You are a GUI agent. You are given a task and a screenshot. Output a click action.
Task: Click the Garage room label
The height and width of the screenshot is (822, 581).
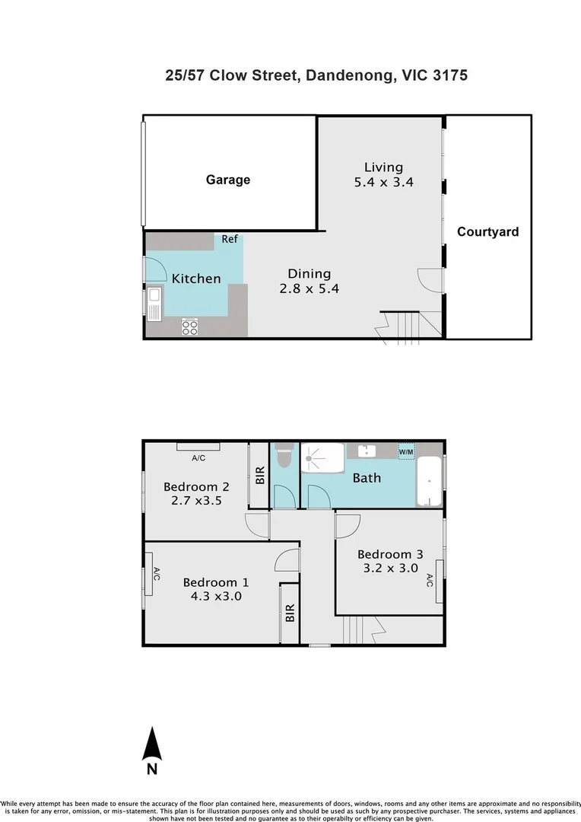(x=228, y=180)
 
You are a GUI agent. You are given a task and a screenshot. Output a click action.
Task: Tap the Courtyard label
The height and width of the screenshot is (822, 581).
(x=487, y=231)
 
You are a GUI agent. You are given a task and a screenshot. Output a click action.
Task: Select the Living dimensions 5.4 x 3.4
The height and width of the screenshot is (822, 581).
(x=384, y=183)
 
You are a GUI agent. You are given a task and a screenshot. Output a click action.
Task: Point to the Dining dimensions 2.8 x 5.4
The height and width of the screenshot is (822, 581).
(x=309, y=288)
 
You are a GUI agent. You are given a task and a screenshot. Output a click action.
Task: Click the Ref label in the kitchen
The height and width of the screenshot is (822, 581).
(x=230, y=239)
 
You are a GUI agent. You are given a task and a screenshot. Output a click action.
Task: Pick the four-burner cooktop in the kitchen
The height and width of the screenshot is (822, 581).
(x=189, y=327)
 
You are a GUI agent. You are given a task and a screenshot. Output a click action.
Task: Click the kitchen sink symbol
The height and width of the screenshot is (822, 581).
(x=154, y=304)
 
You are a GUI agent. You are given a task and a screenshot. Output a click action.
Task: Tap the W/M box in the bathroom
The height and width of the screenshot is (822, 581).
(x=406, y=451)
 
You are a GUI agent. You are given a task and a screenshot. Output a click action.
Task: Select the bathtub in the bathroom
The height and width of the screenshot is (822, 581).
(x=429, y=481)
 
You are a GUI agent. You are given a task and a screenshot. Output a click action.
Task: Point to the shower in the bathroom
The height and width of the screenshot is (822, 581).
(x=322, y=458)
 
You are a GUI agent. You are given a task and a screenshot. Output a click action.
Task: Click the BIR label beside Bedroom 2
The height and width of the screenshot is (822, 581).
(x=260, y=475)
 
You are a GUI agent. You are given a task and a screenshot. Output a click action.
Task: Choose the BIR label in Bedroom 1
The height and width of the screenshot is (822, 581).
(x=290, y=613)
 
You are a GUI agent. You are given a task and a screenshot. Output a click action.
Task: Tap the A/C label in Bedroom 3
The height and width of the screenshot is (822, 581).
(x=430, y=580)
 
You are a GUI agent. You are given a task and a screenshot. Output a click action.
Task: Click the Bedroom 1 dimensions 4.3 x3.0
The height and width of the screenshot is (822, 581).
(x=216, y=596)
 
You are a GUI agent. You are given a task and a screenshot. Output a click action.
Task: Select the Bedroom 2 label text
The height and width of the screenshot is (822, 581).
(x=196, y=486)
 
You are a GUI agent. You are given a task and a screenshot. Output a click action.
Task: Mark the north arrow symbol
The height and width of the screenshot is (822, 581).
(x=152, y=744)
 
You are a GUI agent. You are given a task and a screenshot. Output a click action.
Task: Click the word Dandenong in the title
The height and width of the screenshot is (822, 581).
(x=350, y=75)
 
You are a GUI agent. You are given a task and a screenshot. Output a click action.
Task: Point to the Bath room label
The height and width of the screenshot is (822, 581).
(x=367, y=477)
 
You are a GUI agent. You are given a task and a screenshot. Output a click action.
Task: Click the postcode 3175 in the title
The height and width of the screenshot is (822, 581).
(x=450, y=75)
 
